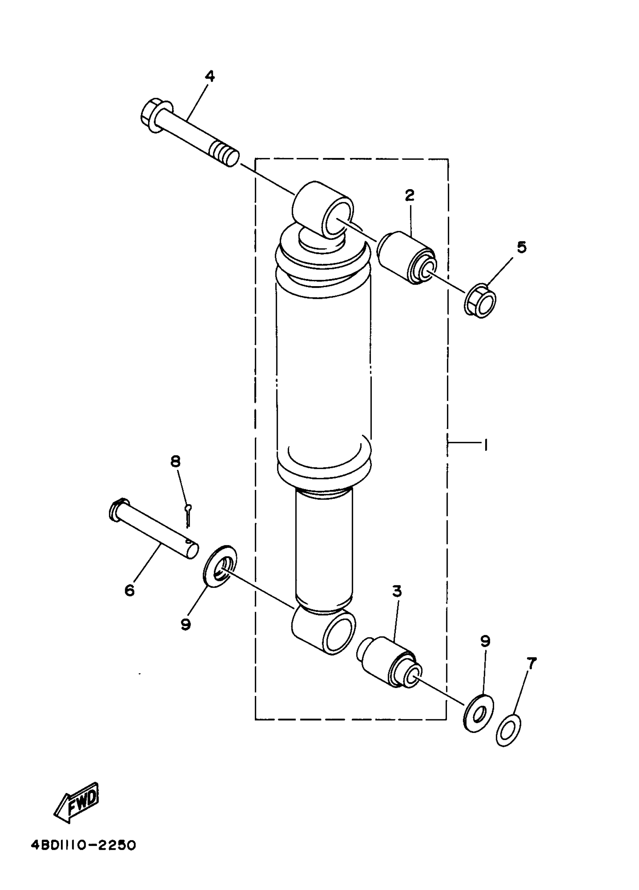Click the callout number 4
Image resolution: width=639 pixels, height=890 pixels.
point(210,76)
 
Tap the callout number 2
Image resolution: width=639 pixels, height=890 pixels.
point(410,195)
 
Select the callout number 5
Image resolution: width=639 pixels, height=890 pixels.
point(521,247)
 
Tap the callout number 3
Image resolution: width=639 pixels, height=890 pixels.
point(397,602)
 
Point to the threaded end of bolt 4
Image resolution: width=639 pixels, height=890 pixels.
point(225,154)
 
